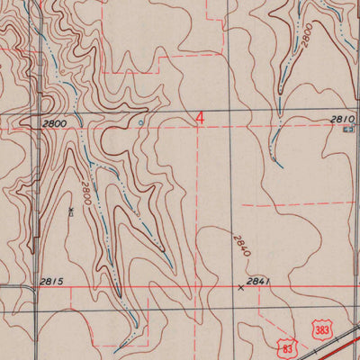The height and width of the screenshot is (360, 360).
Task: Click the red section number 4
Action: pos(200,118)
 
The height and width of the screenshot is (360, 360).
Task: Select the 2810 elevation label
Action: pos(344,118)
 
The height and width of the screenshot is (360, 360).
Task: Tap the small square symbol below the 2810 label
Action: pos(349,130)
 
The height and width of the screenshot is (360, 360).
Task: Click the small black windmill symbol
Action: pos(70,211)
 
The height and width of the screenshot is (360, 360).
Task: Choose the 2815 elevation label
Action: pos(51,282)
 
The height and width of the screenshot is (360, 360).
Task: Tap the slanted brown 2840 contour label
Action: pos(240,247)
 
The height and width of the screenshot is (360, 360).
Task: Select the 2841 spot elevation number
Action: pos(258,282)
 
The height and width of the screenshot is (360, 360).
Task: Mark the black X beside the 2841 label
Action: pos(239,288)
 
